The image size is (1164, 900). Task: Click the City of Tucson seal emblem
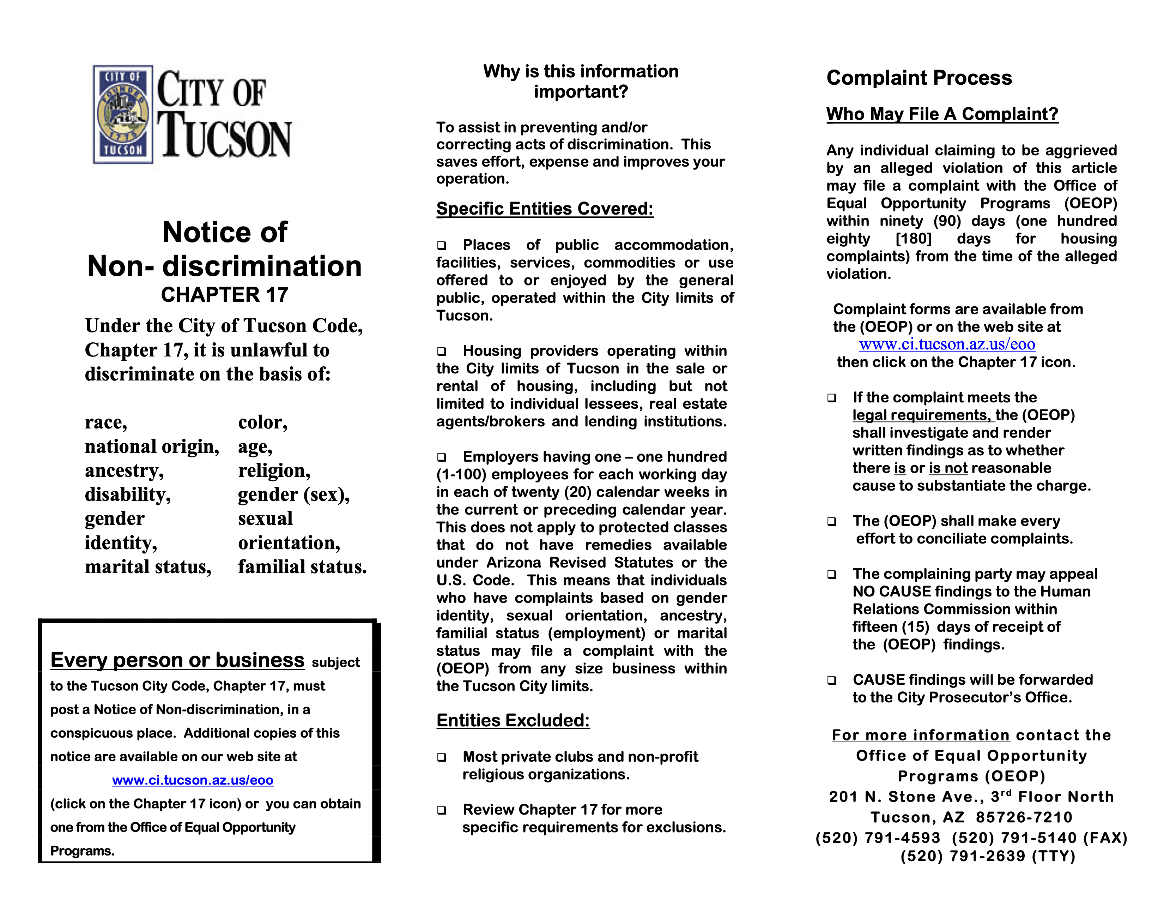click(x=123, y=114)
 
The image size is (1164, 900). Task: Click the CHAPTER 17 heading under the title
click(x=224, y=295)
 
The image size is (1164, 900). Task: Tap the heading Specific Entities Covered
click(x=545, y=209)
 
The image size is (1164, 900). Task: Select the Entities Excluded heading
click(x=513, y=720)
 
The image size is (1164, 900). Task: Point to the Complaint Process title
click(x=919, y=78)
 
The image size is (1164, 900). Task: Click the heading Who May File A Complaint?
click(x=942, y=114)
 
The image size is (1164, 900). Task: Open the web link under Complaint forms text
click(x=947, y=344)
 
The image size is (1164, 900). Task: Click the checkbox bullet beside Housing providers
click(x=442, y=352)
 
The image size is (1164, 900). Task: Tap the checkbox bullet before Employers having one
click(x=442, y=457)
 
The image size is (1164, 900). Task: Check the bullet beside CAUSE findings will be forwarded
click(x=831, y=680)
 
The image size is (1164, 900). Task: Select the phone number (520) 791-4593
click(x=878, y=838)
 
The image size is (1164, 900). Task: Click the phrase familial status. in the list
click(x=302, y=567)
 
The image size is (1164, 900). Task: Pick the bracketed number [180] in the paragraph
click(x=914, y=239)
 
